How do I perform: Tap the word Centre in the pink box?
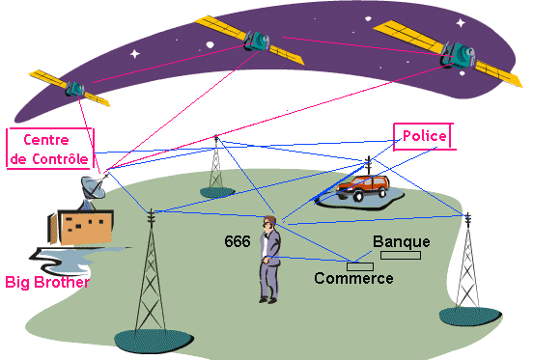pos(46,140)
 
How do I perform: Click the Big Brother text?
pos(47,282)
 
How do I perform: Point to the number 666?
pos(238,241)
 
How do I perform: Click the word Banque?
pos(402,242)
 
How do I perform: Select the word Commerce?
pos(353,278)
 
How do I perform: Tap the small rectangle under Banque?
pos(401,255)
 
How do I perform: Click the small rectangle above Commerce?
pos(360,266)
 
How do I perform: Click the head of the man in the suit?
pos(269,223)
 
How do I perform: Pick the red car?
pos(362,187)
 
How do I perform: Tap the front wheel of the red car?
pos(358,196)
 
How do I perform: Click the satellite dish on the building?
pos(93,187)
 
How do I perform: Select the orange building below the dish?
pos(83,227)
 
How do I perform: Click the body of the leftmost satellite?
pos(74,89)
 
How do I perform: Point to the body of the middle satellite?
pos(257,42)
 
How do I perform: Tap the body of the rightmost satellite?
pos(458,55)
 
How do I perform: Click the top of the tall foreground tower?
pos(151,210)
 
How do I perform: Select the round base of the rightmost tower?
pos(470,317)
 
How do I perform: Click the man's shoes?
pos(267,300)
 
